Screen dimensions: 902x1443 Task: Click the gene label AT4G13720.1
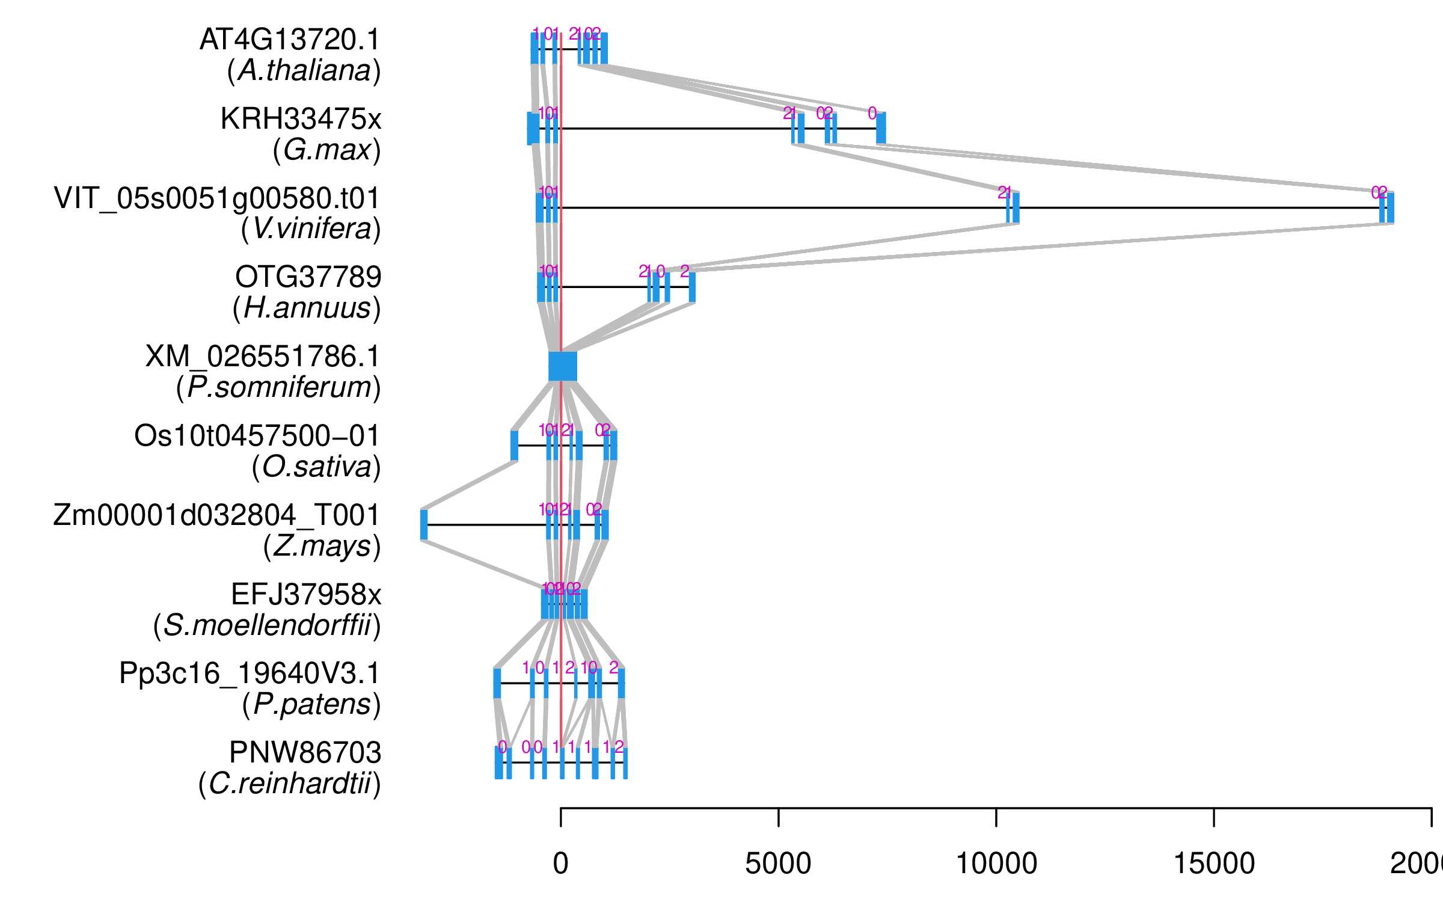click(x=290, y=40)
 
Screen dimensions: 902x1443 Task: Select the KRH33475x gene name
click(x=301, y=119)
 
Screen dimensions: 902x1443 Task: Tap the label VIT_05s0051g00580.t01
click(x=217, y=198)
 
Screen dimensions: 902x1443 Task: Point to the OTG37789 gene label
click(x=308, y=277)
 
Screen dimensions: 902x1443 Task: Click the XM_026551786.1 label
click(x=263, y=357)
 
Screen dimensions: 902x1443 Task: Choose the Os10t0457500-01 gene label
click(x=257, y=436)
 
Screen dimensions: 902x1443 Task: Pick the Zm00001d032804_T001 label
click(x=216, y=515)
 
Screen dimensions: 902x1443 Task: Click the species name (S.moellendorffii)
click(x=267, y=625)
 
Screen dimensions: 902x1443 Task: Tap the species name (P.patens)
click(x=311, y=704)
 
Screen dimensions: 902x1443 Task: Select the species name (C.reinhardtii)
click(x=289, y=784)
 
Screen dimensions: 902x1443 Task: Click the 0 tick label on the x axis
click(x=560, y=864)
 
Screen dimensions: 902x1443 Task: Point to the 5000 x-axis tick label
click(x=778, y=864)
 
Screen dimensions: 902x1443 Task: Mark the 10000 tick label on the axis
click(x=996, y=864)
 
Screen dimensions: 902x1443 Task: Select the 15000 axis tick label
click(x=1214, y=864)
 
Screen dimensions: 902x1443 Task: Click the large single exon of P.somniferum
click(x=563, y=366)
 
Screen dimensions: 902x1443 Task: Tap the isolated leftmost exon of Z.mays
click(x=424, y=524)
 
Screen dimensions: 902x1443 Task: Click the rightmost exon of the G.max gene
click(x=881, y=128)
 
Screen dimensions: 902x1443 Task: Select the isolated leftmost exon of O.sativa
click(x=514, y=445)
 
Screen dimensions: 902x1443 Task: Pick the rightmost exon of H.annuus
click(x=692, y=287)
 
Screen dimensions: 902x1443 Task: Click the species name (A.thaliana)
click(x=304, y=71)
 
